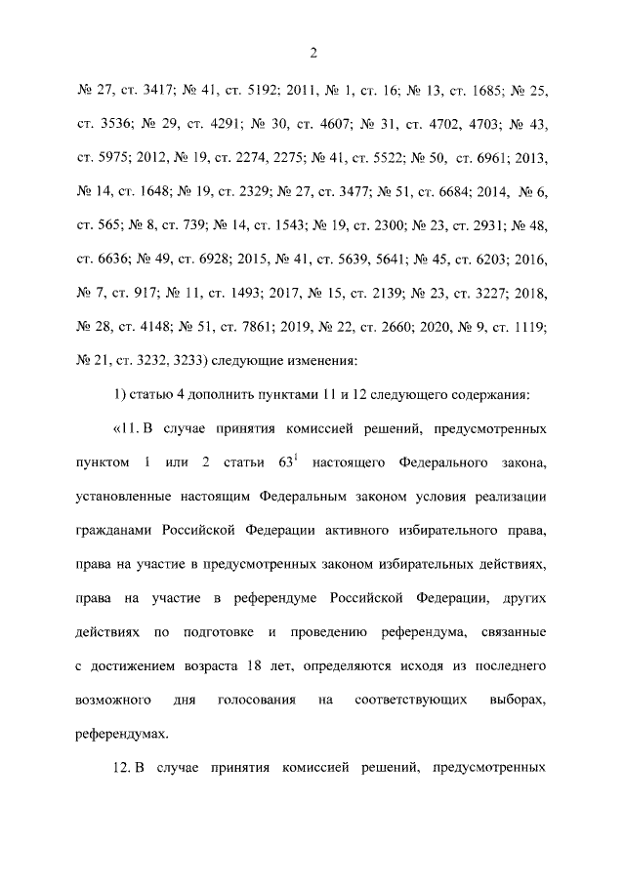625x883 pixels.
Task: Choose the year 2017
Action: pyautogui.click(x=283, y=296)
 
